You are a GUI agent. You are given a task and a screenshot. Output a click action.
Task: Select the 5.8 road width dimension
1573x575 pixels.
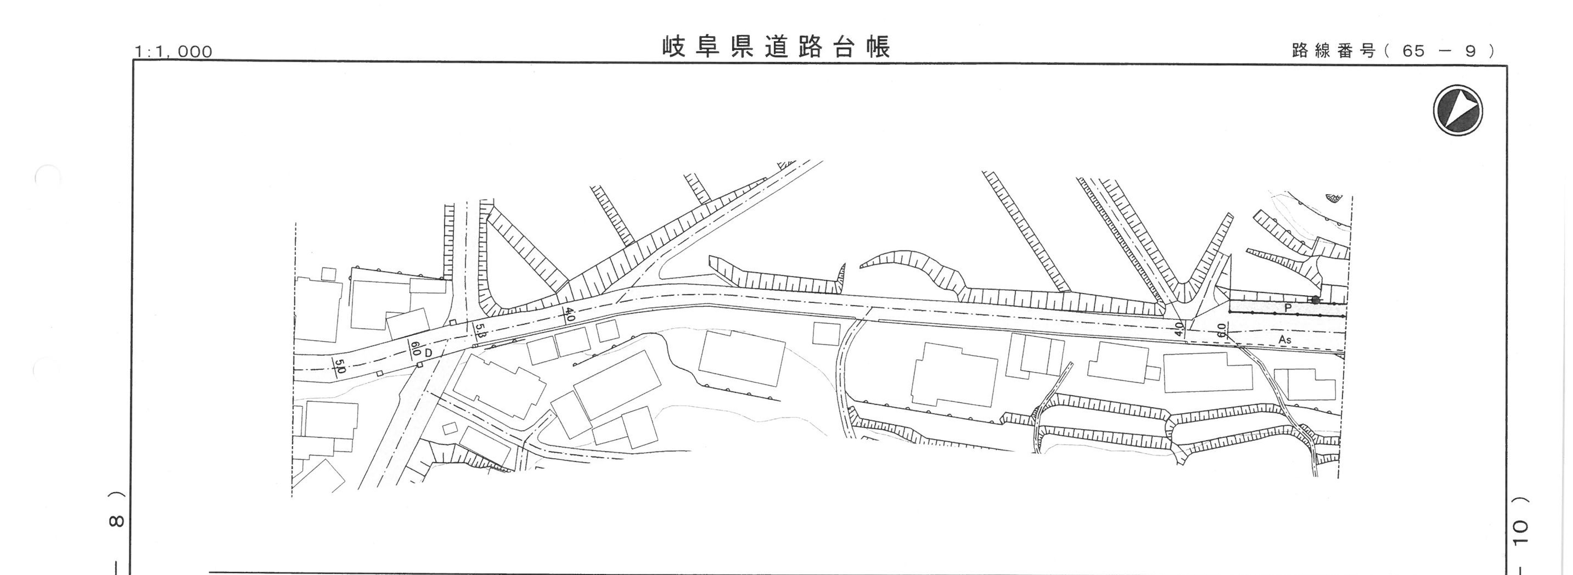pos(480,331)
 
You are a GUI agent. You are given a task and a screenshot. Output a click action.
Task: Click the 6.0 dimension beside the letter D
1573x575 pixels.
pos(416,349)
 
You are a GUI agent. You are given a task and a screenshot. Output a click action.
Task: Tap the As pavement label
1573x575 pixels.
pos(1285,339)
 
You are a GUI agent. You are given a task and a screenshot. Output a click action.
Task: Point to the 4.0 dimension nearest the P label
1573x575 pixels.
pos(1179,329)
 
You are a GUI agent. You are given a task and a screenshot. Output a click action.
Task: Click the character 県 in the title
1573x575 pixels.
pos(742,47)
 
